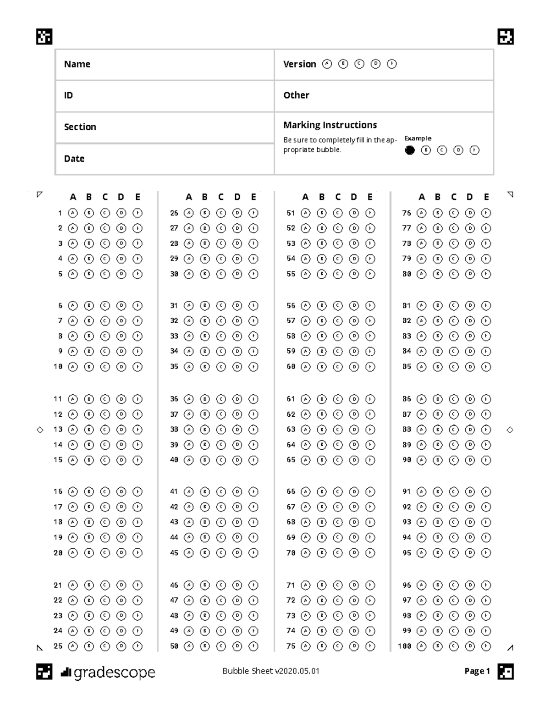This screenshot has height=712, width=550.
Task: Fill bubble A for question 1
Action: (x=72, y=213)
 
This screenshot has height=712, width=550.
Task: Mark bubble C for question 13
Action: (x=105, y=430)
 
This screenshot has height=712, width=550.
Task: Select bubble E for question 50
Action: (x=253, y=646)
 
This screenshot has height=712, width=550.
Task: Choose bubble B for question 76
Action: (x=438, y=213)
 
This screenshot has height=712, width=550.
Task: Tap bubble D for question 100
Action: (x=470, y=646)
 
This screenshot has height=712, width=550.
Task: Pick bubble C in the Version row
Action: (x=359, y=64)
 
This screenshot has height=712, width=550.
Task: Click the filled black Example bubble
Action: (x=410, y=150)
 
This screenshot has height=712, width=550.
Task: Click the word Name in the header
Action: (x=77, y=64)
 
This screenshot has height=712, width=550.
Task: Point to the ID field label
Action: (x=68, y=95)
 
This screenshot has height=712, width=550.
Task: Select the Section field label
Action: (x=80, y=127)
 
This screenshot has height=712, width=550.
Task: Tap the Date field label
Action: (x=74, y=159)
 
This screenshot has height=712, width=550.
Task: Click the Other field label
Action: (x=296, y=95)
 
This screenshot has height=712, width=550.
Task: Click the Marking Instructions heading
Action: (x=330, y=125)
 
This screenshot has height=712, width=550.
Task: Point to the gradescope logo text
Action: (x=114, y=673)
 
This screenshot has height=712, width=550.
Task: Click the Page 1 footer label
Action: (x=477, y=671)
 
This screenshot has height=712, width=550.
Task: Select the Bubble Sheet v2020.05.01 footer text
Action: (x=271, y=671)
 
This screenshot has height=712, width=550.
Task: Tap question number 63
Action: (x=291, y=430)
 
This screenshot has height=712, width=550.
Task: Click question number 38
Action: (x=174, y=430)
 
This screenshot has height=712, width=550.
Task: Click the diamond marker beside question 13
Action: (x=40, y=430)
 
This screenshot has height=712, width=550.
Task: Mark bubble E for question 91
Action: (x=486, y=492)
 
